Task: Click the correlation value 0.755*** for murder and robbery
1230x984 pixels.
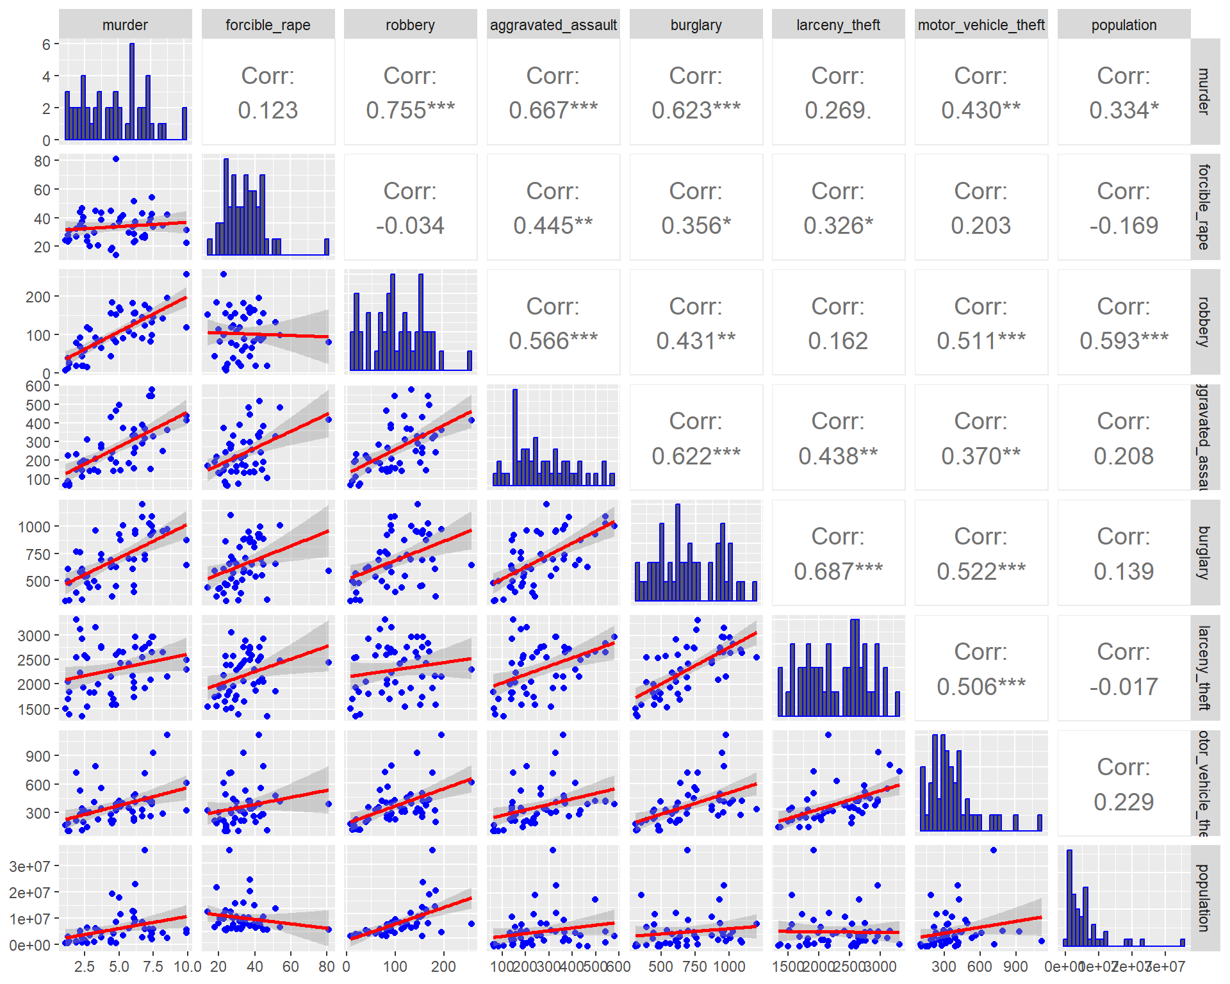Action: click(410, 110)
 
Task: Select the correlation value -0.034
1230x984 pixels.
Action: click(410, 225)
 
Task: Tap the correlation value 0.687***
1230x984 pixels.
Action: click(838, 571)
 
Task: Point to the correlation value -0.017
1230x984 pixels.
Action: click(1124, 687)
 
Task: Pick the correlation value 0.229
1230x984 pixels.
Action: click(1124, 802)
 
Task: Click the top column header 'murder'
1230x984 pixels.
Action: click(125, 25)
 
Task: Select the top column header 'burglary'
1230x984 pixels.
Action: click(696, 25)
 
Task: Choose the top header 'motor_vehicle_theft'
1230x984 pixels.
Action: click(981, 25)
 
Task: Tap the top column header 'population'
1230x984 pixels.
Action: click(1124, 25)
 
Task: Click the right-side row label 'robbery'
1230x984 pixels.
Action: click(1204, 322)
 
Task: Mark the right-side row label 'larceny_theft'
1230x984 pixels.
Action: click(1204, 668)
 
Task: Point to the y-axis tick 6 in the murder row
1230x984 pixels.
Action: click(46, 45)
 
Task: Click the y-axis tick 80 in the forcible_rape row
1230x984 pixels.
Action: click(42, 161)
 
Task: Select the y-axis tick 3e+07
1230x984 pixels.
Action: click(29, 867)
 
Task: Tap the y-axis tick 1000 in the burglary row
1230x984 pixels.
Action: click(34, 527)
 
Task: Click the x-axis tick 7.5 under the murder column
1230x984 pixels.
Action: click(152, 966)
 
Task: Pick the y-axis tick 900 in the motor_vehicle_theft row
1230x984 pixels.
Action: click(38, 756)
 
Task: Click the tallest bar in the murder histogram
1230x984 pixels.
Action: click(132, 92)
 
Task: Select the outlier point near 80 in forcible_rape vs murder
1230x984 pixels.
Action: click(115, 159)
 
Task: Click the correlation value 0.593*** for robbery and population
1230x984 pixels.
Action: click(1124, 341)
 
